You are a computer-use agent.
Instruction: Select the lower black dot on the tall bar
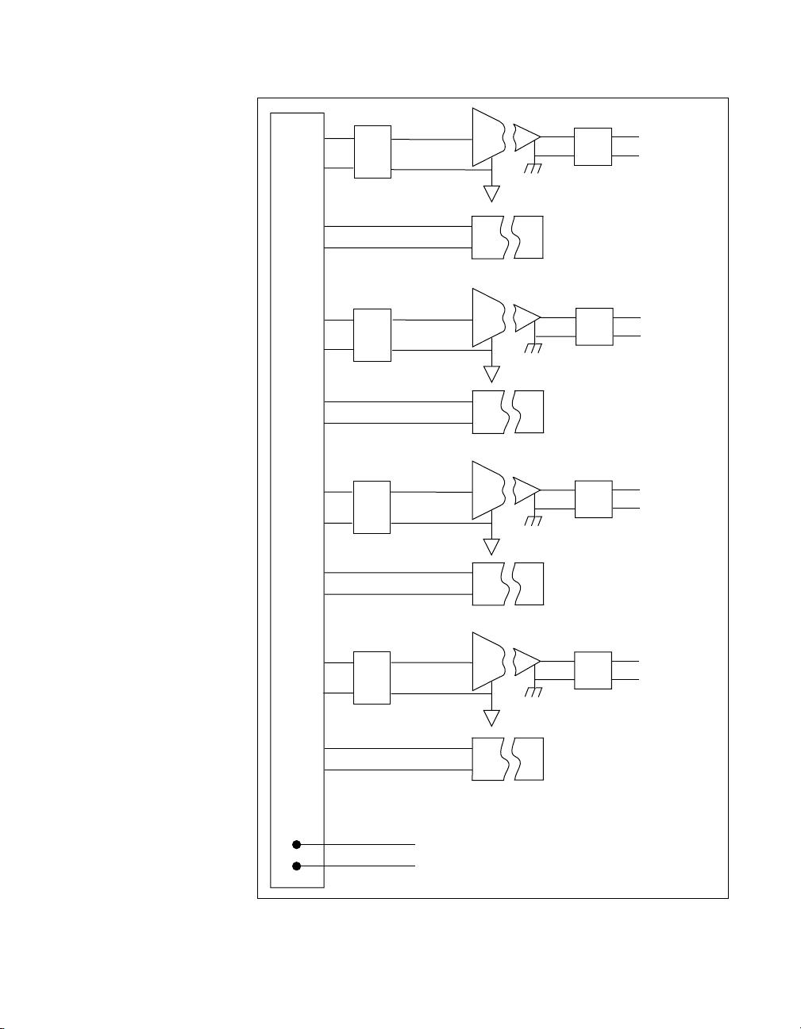pyautogui.click(x=296, y=866)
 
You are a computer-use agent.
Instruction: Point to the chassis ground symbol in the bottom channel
pyautogui.click(x=534, y=692)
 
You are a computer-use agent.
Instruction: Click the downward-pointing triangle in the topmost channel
pyautogui.click(x=492, y=193)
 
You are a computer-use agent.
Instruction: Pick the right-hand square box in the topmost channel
pyautogui.click(x=593, y=146)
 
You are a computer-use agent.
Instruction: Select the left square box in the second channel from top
pyautogui.click(x=372, y=335)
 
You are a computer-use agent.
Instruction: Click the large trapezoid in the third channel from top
pyautogui.click(x=487, y=490)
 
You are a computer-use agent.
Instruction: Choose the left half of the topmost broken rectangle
pyautogui.click(x=487, y=236)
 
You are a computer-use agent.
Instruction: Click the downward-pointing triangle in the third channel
pyautogui.click(x=492, y=546)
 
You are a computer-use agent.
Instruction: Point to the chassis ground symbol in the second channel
pyautogui.click(x=534, y=348)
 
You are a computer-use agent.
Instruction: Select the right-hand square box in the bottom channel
pyautogui.click(x=593, y=670)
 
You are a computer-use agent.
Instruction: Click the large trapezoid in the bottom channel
pyautogui.click(x=487, y=662)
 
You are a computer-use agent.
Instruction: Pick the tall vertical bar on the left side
pyautogui.click(x=298, y=476)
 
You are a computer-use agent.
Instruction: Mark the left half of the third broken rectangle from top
pyautogui.click(x=487, y=583)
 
